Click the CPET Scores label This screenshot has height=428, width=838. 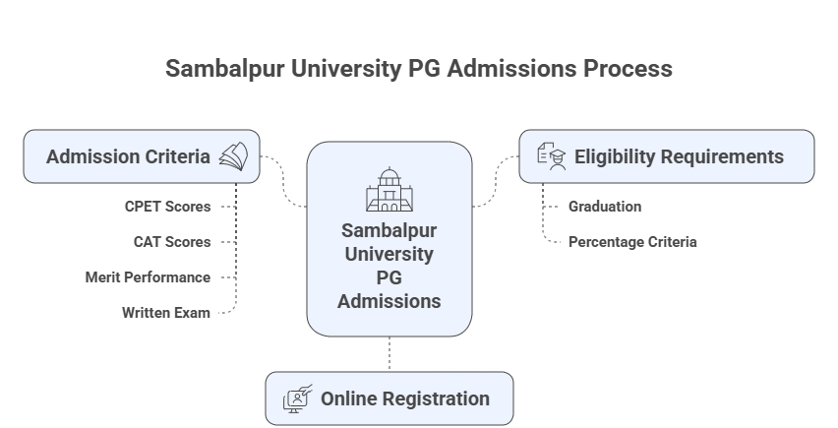coord(167,207)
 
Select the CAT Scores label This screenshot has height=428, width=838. coord(172,241)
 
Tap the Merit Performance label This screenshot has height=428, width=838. coord(148,277)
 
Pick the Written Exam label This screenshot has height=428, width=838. coord(166,313)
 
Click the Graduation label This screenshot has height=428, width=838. coord(604,207)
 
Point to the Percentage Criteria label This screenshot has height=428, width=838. coord(631,241)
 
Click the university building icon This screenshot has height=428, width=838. coord(389,190)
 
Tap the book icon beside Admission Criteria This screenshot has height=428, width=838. coord(233,156)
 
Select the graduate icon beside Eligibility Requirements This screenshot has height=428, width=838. coord(552,156)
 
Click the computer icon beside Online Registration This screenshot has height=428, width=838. coord(298,398)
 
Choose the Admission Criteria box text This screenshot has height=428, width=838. coord(128,156)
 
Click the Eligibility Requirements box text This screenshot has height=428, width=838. coord(679,156)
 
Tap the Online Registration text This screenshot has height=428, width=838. coord(404,398)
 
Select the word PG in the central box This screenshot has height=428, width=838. coord(389,277)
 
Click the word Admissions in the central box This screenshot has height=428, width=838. coord(389,301)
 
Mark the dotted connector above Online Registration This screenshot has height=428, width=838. coord(389,353)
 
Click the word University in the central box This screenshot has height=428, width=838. coord(389,254)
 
